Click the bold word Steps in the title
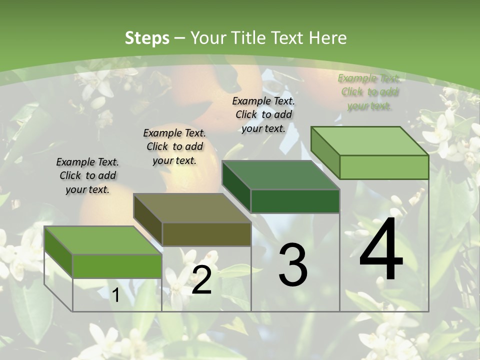point(146,38)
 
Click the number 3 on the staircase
point(293,264)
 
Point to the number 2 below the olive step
point(201,279)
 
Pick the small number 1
point(115,295)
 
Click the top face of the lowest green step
point(102,240)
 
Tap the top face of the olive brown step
point(192,208)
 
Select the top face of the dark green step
point(280,175)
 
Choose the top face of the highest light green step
point(369,141)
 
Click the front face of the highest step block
point(384,167)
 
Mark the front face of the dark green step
point(295,201)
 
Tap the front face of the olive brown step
point(206,234)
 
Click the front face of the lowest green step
point(117,266)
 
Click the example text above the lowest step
point(87,175)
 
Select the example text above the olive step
point(174,146)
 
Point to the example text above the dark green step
point(263,114)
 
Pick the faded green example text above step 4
point(369,92)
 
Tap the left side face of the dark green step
point(236,185)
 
